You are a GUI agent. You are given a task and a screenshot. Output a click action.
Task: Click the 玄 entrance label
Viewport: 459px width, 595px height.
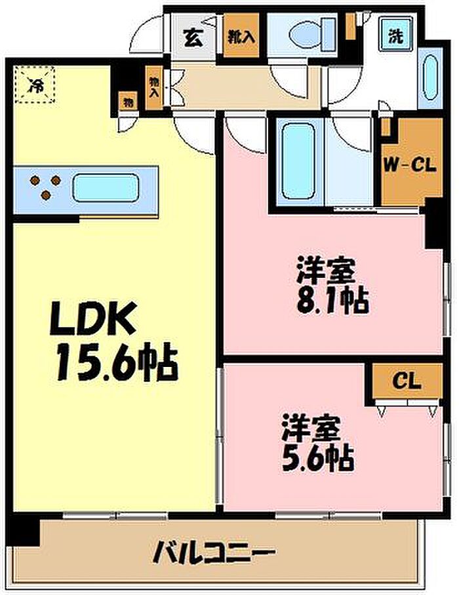click(193, 37)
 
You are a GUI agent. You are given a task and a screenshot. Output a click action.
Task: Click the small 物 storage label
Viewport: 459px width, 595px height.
click(127, 102)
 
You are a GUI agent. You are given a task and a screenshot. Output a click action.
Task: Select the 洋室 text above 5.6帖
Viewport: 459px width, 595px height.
click(311, 429)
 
